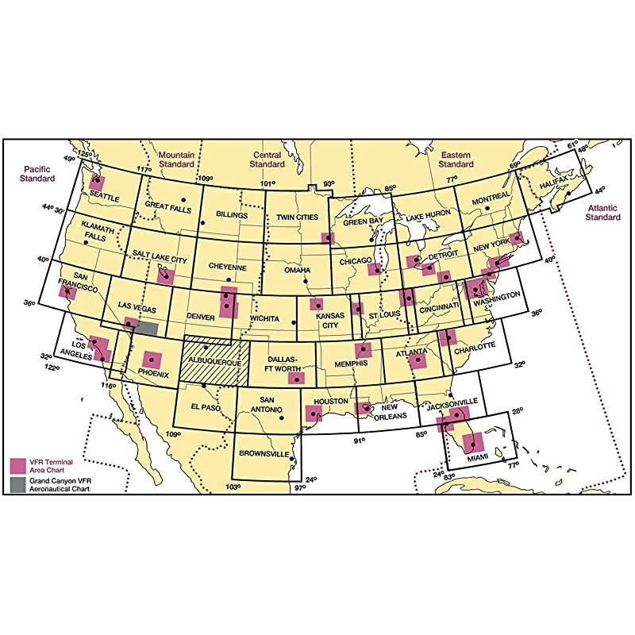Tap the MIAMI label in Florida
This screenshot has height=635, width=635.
tap(477, 459)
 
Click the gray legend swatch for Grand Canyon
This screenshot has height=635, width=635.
tap(15, 482)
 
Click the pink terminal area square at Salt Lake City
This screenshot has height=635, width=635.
tap(165, 275)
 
